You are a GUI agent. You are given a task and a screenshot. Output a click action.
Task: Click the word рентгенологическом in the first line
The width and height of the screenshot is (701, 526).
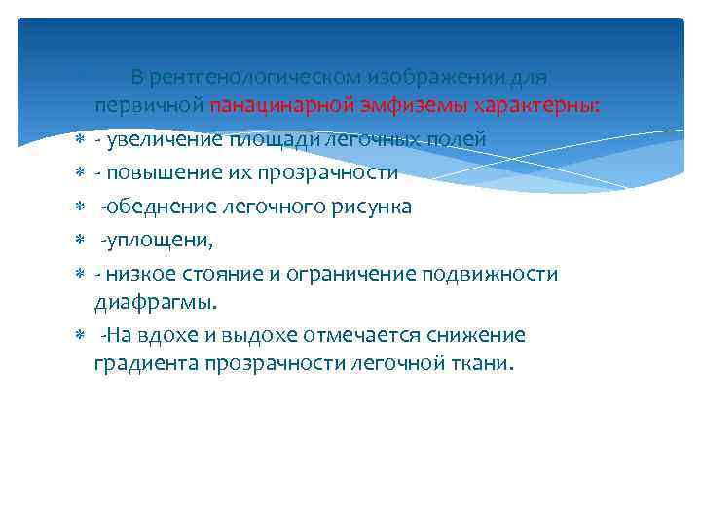tap(240, 77)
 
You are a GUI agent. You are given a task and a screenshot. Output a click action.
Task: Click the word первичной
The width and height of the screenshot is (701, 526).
tap(148, 106)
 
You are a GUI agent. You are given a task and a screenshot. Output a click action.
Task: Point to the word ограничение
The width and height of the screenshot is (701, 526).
tap(355, 274)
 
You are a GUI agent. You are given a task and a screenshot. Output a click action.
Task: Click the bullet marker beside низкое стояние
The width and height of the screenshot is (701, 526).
tap(80, 274)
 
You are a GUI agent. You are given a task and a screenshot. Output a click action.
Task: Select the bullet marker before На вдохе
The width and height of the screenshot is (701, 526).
tap(80, 336)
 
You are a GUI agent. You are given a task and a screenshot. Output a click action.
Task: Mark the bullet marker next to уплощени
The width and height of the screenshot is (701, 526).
tap(80, 241)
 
